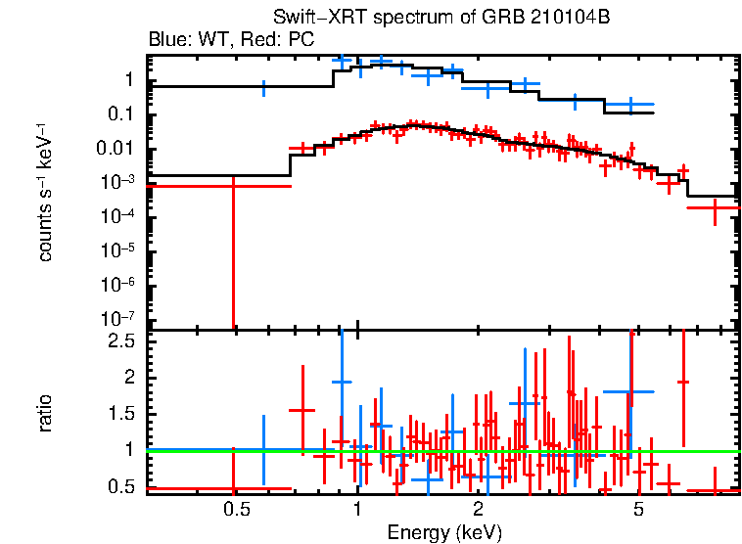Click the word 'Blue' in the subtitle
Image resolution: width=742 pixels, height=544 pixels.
point(165,40)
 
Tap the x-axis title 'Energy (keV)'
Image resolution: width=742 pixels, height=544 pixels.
point(444,532)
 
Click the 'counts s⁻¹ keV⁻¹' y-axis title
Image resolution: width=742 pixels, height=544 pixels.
point(46,192)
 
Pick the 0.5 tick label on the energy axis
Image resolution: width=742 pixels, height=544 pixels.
point(233,509)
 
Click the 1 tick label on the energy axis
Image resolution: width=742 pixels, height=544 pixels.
point(356,509)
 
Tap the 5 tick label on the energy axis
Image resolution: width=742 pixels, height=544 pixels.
point(638,509)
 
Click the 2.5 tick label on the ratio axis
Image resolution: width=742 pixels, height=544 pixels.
point(122,341)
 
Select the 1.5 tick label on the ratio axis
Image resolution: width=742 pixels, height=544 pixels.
point(122,414)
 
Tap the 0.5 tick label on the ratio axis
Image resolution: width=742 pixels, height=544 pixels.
point(122,486)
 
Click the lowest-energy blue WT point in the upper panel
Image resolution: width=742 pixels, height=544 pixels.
point(262,87)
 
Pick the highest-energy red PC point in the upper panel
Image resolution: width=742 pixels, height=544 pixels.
point(715,208)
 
